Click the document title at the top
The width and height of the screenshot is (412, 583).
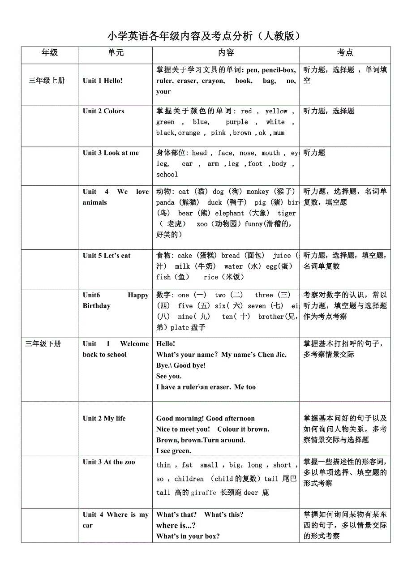204,36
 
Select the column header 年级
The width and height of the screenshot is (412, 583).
50,53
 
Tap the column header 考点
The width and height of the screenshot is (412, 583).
345,53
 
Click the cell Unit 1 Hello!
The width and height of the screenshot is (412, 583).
103,81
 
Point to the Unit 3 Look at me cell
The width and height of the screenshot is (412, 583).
111,153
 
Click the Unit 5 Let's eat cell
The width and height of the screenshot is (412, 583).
107,256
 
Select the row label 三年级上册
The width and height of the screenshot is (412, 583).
47,81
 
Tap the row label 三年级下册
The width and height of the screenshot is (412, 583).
43,344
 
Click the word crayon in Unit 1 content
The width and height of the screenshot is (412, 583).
212,81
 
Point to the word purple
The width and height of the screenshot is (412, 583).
237,122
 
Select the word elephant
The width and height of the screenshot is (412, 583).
230,213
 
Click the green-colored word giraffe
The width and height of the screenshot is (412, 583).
204,493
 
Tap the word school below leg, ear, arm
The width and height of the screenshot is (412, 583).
167,175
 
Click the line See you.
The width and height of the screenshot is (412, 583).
169,376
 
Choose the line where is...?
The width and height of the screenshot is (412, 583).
176,525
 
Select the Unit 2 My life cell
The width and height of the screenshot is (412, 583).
104,419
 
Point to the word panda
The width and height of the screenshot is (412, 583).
165,202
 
